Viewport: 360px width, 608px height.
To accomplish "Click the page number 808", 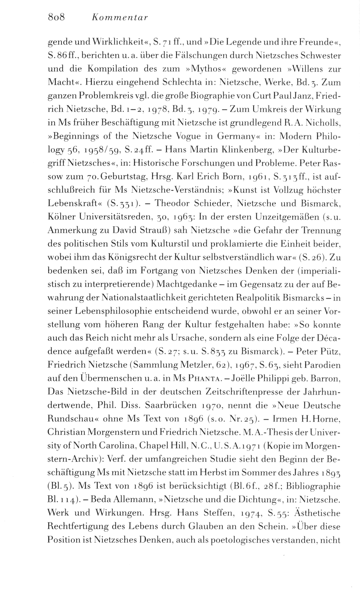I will [x=56, y=18].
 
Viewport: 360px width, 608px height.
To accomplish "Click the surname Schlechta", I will [x=171, y=82].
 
